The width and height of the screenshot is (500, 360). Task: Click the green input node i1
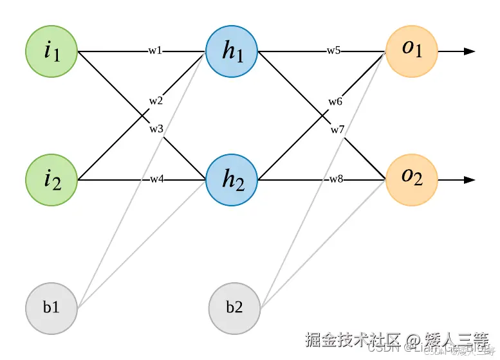[51, 51]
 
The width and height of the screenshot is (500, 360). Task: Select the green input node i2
[51, 180]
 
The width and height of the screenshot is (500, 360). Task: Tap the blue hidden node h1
[232, 51]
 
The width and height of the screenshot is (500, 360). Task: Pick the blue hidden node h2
[232, 180]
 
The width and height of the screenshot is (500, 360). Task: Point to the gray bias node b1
[51, 308]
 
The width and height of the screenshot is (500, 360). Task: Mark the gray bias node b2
[234, 308]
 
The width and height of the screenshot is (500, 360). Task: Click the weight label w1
[154, 51]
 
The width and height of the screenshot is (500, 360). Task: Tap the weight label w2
[156, 101]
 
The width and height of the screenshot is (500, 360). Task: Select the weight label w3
[156, 129]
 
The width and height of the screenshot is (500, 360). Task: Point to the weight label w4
[156, 179]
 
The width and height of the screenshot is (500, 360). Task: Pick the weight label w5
[333, 51]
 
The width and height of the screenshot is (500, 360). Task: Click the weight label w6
[335, 102]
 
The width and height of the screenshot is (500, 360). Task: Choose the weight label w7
[338, 130]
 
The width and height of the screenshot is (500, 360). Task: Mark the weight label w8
[336, 179]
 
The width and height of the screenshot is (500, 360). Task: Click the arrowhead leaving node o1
[470, 51]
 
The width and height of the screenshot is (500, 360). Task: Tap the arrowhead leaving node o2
[470, 180]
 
